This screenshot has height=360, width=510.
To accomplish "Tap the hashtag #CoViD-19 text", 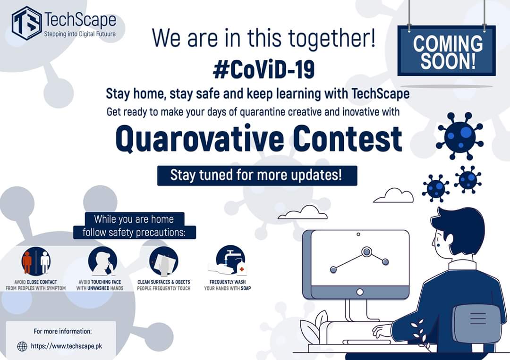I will [x=263, y=69].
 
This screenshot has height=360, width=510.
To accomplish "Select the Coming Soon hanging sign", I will [x=446, y=51].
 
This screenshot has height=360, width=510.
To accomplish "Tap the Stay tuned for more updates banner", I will [x=257, y=176].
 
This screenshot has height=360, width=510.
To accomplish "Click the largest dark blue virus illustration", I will [x=459, y=135].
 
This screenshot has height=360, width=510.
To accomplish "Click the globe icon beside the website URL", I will [x=22, y=346].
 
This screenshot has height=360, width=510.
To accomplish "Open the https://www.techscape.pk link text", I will [x=67, y=346].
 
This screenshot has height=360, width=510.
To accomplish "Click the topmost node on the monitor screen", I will [x=366, y=252].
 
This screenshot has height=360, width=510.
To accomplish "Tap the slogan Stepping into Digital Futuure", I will [x=79, y=34].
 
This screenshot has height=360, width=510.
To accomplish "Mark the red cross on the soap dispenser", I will [x=242, y=269].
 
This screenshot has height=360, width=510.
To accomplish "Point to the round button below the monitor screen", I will [x=360, y=292].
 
